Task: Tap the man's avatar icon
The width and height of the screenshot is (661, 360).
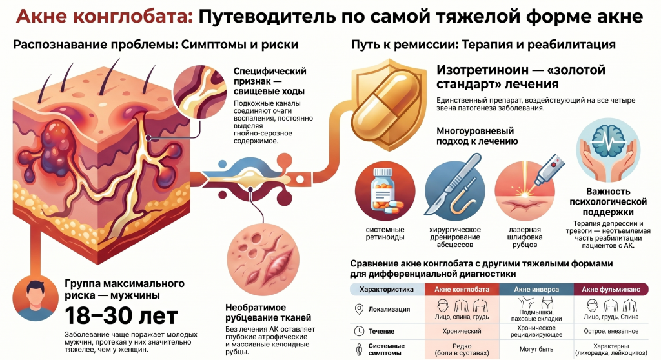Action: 36,298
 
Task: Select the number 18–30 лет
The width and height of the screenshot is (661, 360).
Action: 121,315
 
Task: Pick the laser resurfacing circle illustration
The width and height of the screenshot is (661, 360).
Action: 524,192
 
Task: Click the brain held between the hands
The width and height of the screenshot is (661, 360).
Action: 608,142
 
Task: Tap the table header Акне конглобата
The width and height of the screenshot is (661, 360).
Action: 462,289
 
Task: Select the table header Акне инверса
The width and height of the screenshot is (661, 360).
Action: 536,289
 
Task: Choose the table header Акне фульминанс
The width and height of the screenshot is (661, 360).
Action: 611,289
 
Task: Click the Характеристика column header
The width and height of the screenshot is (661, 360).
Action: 387,289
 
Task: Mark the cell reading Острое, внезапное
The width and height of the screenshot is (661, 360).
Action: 611,332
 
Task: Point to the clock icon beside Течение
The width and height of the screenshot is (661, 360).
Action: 359,332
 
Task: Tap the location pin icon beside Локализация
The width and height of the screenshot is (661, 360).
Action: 359,309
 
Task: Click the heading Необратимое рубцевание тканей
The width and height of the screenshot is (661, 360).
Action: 268,312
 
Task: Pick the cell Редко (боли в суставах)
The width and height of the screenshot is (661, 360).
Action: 462,350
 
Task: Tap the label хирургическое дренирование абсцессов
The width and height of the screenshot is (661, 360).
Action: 455,237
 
